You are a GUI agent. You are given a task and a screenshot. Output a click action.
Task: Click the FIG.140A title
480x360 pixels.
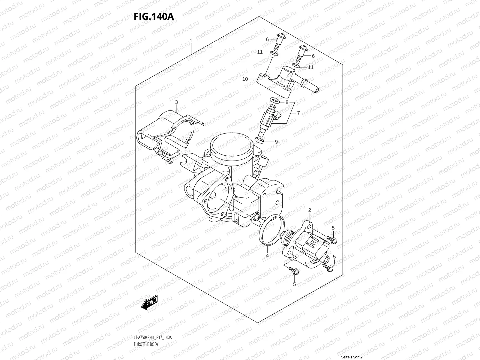[x=154, y=16]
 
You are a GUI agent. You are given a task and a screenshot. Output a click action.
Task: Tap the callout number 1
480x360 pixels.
[x=191, y=40]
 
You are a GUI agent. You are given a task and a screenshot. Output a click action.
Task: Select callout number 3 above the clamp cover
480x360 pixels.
[x=176, y=102]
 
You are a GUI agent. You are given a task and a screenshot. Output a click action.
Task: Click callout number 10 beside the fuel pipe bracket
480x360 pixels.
[x=245, y=79]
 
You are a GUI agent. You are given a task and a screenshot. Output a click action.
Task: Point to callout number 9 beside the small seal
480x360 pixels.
[x=276, y=142]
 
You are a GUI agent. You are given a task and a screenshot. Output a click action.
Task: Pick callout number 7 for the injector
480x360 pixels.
[x=298, y=113]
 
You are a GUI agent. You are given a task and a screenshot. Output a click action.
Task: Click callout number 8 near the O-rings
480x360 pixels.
[x=287, y=102]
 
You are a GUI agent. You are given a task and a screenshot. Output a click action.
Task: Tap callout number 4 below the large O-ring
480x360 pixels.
[x=267, y=256]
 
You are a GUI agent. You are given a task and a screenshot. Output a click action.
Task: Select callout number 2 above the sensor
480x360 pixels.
[x=310, y=210]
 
